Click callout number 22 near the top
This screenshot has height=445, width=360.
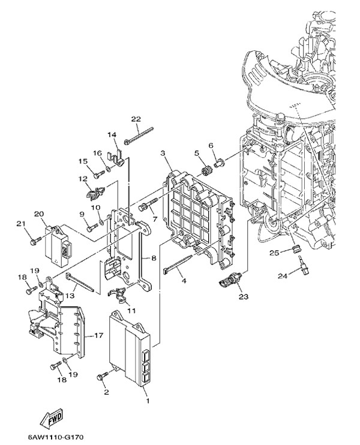(x=136, y=119)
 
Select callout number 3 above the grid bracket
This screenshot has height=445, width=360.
(x=163, y=154)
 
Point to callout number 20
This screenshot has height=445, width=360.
(x=40, y=214)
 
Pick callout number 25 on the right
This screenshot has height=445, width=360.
(x=273, y=253)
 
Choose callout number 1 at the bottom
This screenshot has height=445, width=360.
(x=148, y=398)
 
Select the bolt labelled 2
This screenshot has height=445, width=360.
(x=102, y=377)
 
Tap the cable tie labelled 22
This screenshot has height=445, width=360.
(x=140, y=134)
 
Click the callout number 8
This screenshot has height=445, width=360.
(x=154, y=258)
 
